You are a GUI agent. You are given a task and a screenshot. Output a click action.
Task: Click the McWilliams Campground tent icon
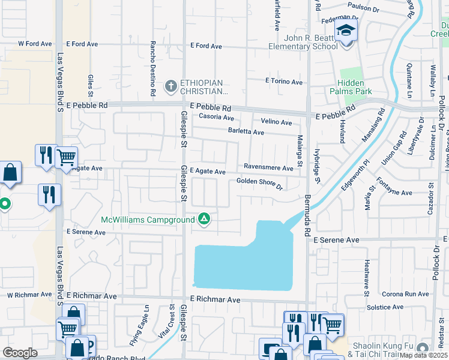(205, 219)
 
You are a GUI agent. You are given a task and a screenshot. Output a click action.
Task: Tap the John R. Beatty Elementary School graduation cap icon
(346, 30)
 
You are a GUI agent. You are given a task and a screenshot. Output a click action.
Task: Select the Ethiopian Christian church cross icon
(170, 85)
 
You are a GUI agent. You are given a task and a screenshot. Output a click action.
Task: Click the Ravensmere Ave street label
(268, 168)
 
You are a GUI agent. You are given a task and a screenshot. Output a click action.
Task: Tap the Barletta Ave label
(246, 132)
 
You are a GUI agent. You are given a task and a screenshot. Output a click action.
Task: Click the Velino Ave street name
(277, 122)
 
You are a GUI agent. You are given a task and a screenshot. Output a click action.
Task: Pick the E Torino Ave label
(284, 81)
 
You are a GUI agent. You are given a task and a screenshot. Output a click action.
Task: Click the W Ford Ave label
(32, 44)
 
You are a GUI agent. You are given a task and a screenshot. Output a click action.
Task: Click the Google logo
(20, 353)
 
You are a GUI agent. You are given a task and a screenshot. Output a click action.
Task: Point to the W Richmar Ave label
(29, 295)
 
